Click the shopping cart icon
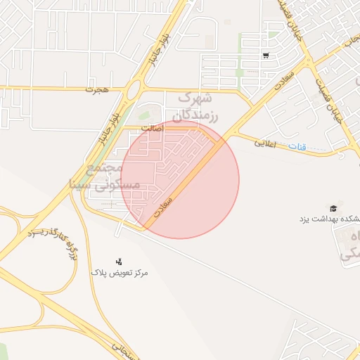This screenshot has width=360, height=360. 265,55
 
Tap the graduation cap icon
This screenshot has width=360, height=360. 333,208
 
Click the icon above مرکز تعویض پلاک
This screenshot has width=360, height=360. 118,262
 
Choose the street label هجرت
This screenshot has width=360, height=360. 94,90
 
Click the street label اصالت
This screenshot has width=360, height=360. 151,129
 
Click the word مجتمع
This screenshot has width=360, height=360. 102,169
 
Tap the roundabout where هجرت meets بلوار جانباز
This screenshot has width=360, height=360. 135,89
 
